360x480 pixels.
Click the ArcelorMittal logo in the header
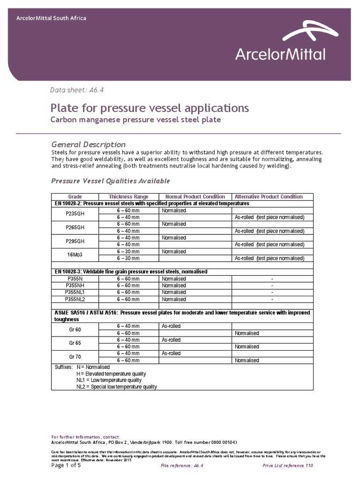pos(280,45)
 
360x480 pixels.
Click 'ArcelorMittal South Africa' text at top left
pos(51,18)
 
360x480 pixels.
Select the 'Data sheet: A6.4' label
pos(72,90)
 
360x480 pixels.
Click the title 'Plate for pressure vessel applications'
pos(150,108)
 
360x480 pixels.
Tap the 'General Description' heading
pos(88,144)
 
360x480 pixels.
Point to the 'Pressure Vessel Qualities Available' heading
pos(110,181)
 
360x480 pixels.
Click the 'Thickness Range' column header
pos(128,196)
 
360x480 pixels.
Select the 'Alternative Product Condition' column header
pos(268,196)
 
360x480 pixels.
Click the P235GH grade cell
pos(75,214)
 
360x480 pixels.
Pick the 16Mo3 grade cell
pos(75,255)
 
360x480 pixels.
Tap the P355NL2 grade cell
pos(75,299)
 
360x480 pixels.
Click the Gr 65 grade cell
pos(75,343)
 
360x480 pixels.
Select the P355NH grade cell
pos(75,285)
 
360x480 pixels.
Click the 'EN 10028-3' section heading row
pos(131,272)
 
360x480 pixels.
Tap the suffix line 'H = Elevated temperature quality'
pos(111,374)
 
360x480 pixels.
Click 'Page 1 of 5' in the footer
pos(66,465)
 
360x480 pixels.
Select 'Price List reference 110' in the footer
pos(287,465)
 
